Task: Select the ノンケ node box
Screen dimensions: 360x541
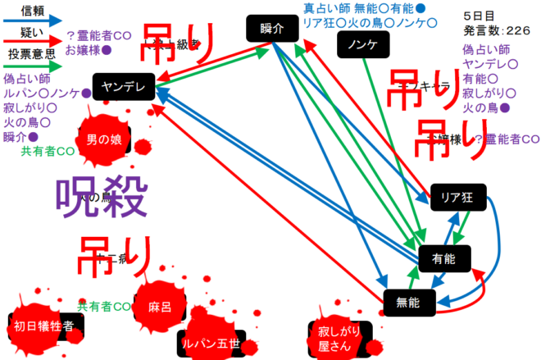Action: click(x=362, y=44)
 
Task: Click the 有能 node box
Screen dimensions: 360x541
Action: click(x=443, y=258)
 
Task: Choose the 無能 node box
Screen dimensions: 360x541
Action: click(x=408, y=302)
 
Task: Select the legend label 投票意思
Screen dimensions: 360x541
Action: click(x=30, y=55)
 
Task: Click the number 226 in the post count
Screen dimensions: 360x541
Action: click(x=518, y=30)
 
